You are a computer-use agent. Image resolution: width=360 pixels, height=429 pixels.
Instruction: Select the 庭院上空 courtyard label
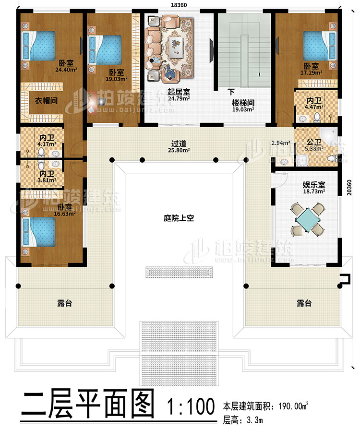(x=179, y=218)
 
